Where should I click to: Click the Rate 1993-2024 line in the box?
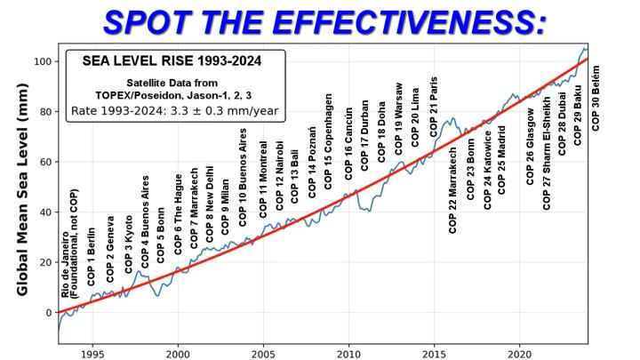[x=175, y=113]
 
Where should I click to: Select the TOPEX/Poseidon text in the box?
[x=175, y=96]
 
